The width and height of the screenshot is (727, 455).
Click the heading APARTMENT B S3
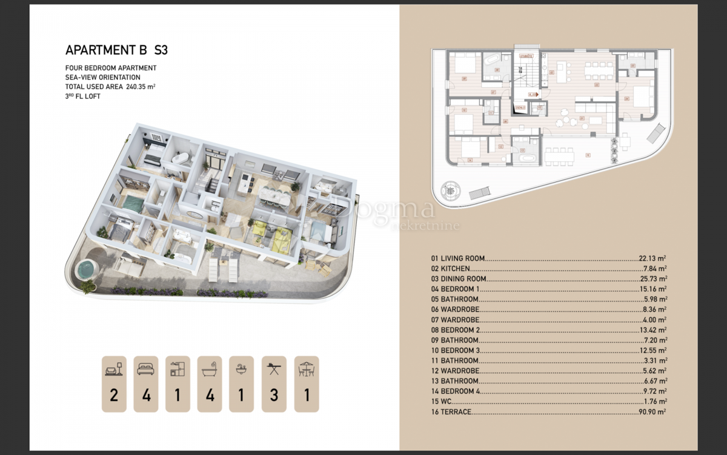(116, 50)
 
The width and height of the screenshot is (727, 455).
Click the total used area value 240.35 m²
(141, 87)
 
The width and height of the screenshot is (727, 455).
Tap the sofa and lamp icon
(115, 368)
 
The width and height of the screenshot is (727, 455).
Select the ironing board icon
(274, 368)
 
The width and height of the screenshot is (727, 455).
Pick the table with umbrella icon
(307, 368)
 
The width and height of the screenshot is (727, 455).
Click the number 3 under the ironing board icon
(274, 396)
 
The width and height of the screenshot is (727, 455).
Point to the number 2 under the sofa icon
(115, 396)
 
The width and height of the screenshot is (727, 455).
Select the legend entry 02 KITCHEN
(450, 269)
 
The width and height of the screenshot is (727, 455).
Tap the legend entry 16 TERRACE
(451, 413)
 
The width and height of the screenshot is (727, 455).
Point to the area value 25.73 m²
(652, 279)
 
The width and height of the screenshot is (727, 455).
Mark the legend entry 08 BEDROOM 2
(455, 330)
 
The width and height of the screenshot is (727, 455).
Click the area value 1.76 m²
(655, 402)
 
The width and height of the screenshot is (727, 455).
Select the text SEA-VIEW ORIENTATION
(103, 78)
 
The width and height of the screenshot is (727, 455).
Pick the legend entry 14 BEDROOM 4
(455, 392)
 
